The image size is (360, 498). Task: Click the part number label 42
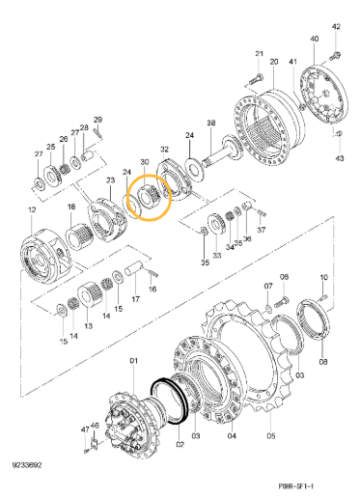(336, 27)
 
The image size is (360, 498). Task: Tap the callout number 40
(315, 39)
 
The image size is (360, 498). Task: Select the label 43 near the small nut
(339, 158)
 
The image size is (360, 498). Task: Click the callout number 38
(210, 123)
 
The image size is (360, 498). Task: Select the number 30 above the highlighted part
(145, 161)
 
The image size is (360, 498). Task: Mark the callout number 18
(70, 207)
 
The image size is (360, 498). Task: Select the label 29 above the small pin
(97, 120)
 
